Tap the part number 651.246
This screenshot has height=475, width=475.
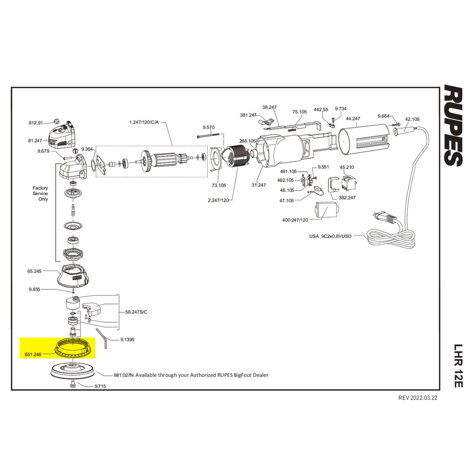[x=33, y=355]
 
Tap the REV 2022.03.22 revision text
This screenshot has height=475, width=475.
[x=418, y=398]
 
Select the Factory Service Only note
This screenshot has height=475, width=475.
[x=40, y=193]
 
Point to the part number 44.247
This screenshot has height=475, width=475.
[x=353, y=119]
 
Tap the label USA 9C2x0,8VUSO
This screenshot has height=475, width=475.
[x=330, y=236]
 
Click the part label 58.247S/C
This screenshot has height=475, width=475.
[x=136, y=312]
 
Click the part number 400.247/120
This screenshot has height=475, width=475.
[x=295, y=220]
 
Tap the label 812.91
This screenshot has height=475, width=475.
[x=35, y=123]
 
